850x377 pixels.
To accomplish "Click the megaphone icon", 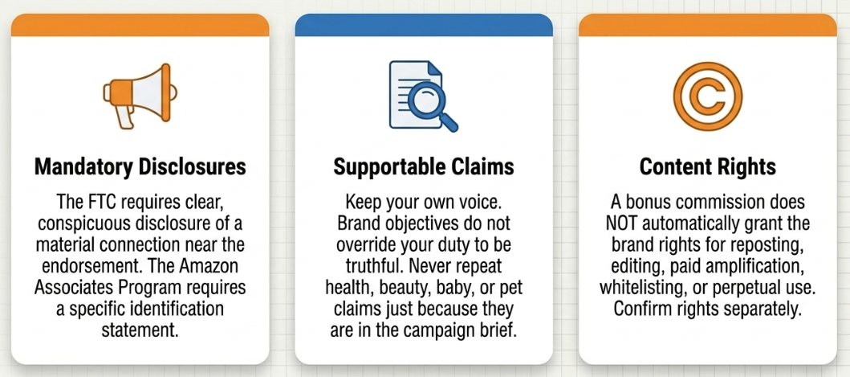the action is tap(140, 95).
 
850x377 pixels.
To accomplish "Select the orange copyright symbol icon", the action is tap(707, 96).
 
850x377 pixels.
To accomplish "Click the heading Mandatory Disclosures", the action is tap(140, 167).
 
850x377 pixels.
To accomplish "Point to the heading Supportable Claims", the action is tap(424, 167).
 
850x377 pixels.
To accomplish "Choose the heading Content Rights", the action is tap(707, 167).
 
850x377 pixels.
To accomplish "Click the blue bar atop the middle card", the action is tap(424, 25).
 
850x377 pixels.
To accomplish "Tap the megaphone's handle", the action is tap(124, 117).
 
